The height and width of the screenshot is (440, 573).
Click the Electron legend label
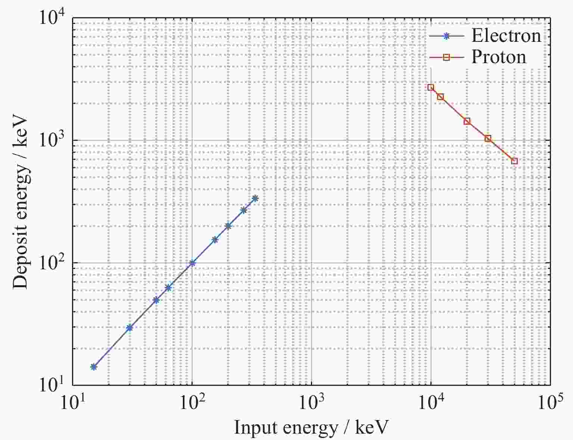(x=506, y=36)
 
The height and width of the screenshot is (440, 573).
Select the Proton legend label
(x=499, y=57)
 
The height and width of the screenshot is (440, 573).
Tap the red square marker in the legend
(x=446, y=57)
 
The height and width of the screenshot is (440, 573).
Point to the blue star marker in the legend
(x=446, y=36)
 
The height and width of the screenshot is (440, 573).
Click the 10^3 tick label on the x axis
(x=311, y=403)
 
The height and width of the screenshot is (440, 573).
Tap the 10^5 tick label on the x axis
(x=550, y=403)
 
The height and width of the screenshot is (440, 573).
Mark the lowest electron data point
(x=94, y=367)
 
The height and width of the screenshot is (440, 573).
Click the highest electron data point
(x=255, y=198)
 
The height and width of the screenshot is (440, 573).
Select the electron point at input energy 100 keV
(x=192, y=263)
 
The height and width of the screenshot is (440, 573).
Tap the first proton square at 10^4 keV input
(x=431, y=87)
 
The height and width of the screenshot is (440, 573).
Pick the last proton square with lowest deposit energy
(x=514, y=161)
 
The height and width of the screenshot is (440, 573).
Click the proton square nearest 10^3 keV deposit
(x=488, y=139)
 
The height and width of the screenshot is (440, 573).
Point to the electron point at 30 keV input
(x=130, y=328)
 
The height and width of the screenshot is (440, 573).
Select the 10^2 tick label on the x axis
(x=192, y=403)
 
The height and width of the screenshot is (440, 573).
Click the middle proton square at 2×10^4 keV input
(x=467, y=121)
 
